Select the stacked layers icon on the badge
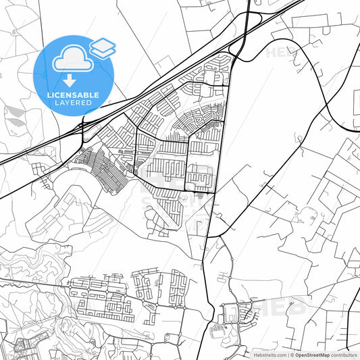[x=103, y=47]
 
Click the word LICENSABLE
[x=74, y=95]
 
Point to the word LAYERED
[x=74, y=103]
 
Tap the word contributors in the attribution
[x=344, y=354]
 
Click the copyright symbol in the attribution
[x=291, y=354]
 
